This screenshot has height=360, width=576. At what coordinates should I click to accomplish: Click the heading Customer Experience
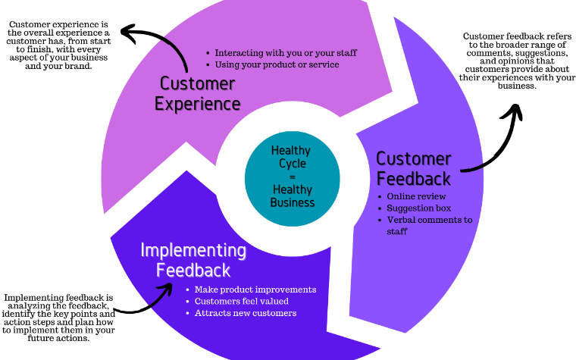198,92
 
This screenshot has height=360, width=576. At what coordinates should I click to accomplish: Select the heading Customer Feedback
414,168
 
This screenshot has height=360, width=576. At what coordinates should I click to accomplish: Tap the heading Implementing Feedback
193,259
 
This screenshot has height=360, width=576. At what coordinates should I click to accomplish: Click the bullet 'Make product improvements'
255,290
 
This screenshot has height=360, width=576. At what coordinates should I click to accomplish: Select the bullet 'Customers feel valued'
241,301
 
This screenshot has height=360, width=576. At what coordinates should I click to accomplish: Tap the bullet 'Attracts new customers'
245,312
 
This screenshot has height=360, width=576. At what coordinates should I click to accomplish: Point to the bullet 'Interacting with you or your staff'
285,53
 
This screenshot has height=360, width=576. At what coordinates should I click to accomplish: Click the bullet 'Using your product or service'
276,64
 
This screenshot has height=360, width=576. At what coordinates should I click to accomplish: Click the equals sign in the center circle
292,177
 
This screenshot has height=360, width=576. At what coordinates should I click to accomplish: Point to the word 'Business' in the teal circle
292,202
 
